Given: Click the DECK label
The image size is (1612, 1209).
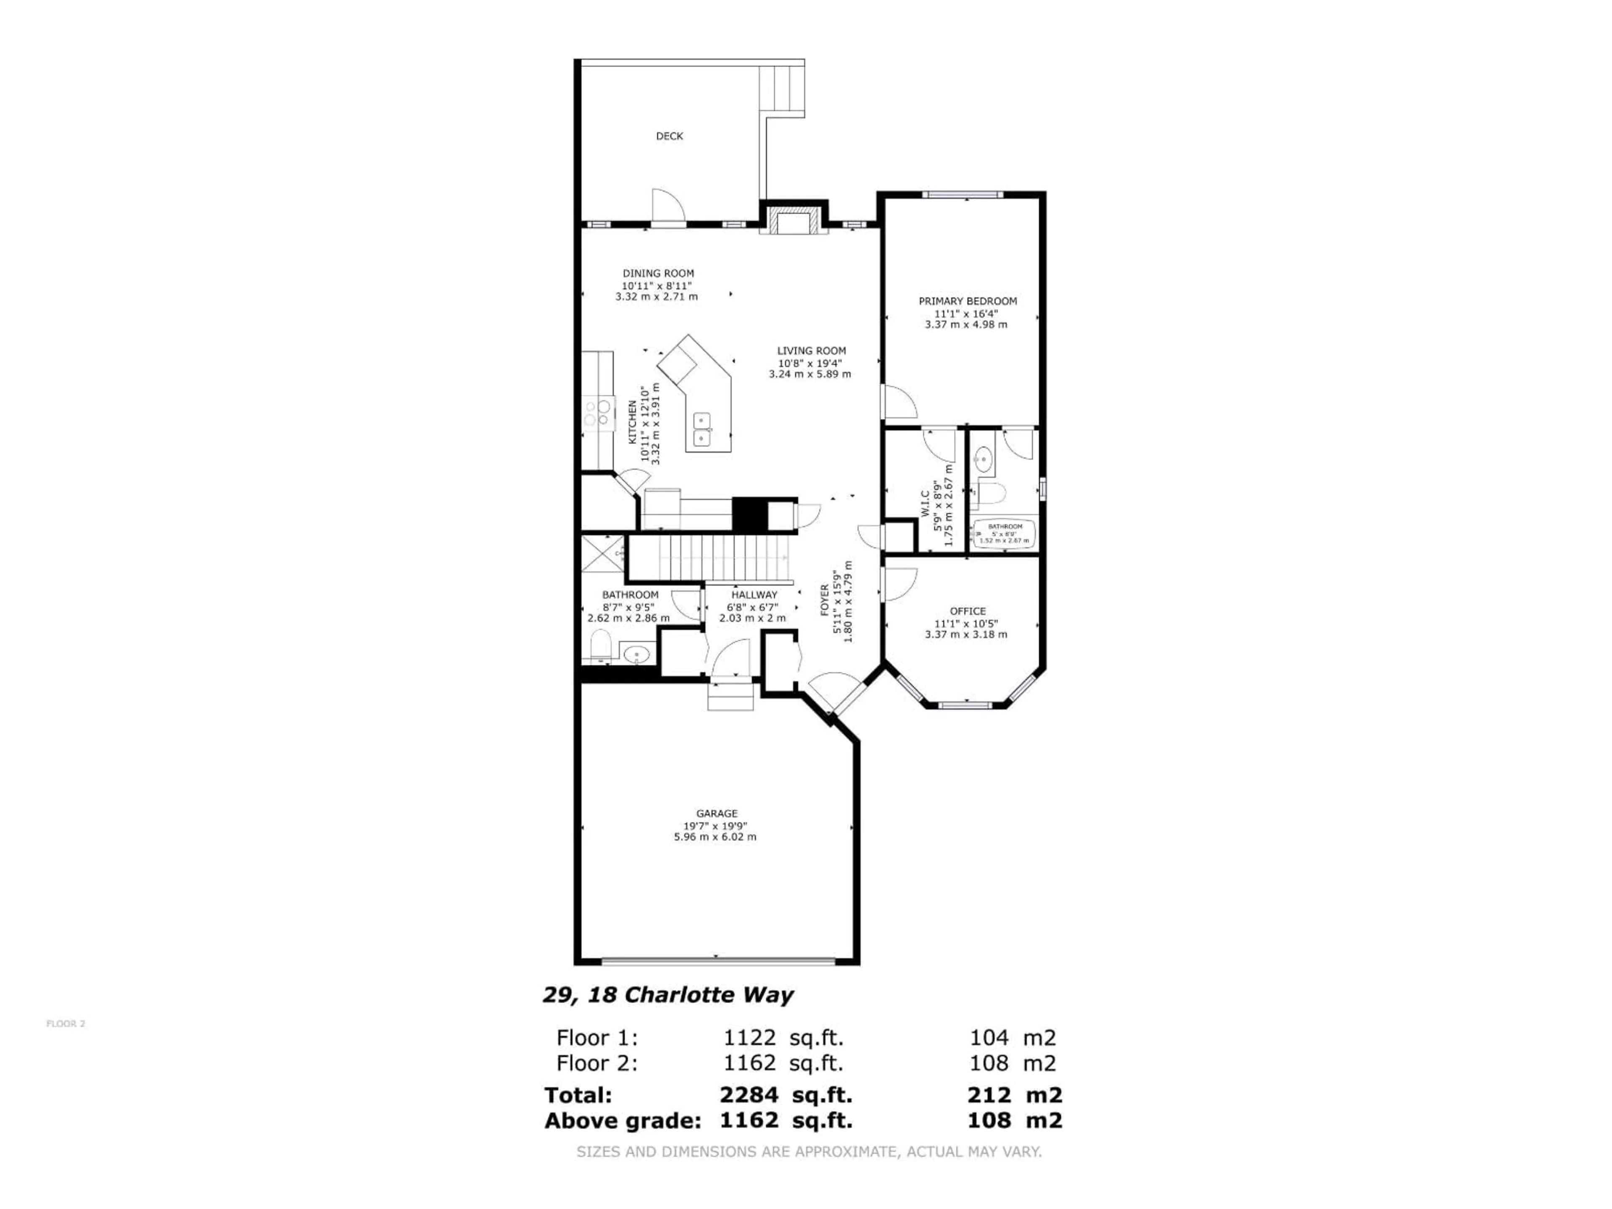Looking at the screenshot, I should [669, 136].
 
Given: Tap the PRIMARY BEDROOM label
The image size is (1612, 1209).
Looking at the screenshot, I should [967, 301].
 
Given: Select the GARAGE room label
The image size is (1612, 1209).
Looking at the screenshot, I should [716, 813].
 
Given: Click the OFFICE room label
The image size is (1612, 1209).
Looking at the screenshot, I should [967, 611].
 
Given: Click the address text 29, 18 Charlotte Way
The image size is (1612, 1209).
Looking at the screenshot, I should [667, 995].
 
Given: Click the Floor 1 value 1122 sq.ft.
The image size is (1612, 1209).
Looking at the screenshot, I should [782, 1038].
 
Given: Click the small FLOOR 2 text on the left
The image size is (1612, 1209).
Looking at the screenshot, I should [65, 1024].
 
